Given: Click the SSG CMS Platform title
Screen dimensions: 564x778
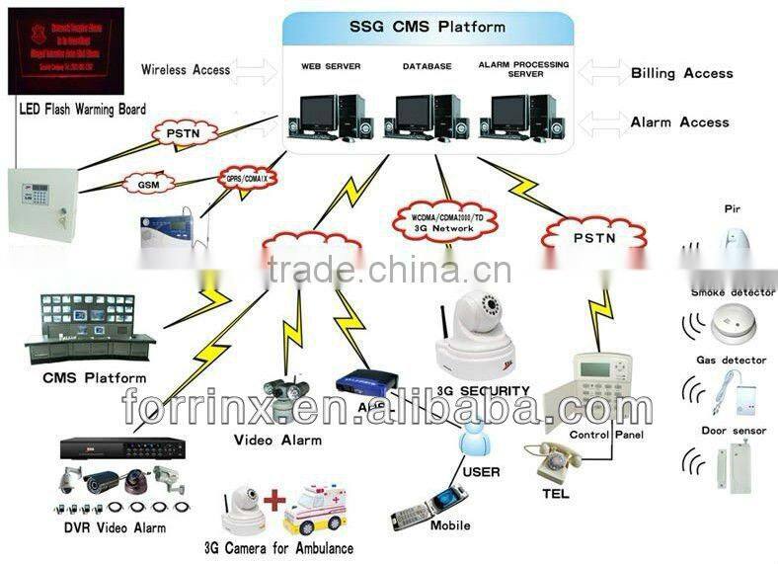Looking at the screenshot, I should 428,27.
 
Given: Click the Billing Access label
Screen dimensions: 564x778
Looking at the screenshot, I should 681,73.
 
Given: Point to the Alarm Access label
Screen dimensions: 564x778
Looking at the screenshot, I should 679,122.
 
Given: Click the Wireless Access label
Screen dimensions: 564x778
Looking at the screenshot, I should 186,70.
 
